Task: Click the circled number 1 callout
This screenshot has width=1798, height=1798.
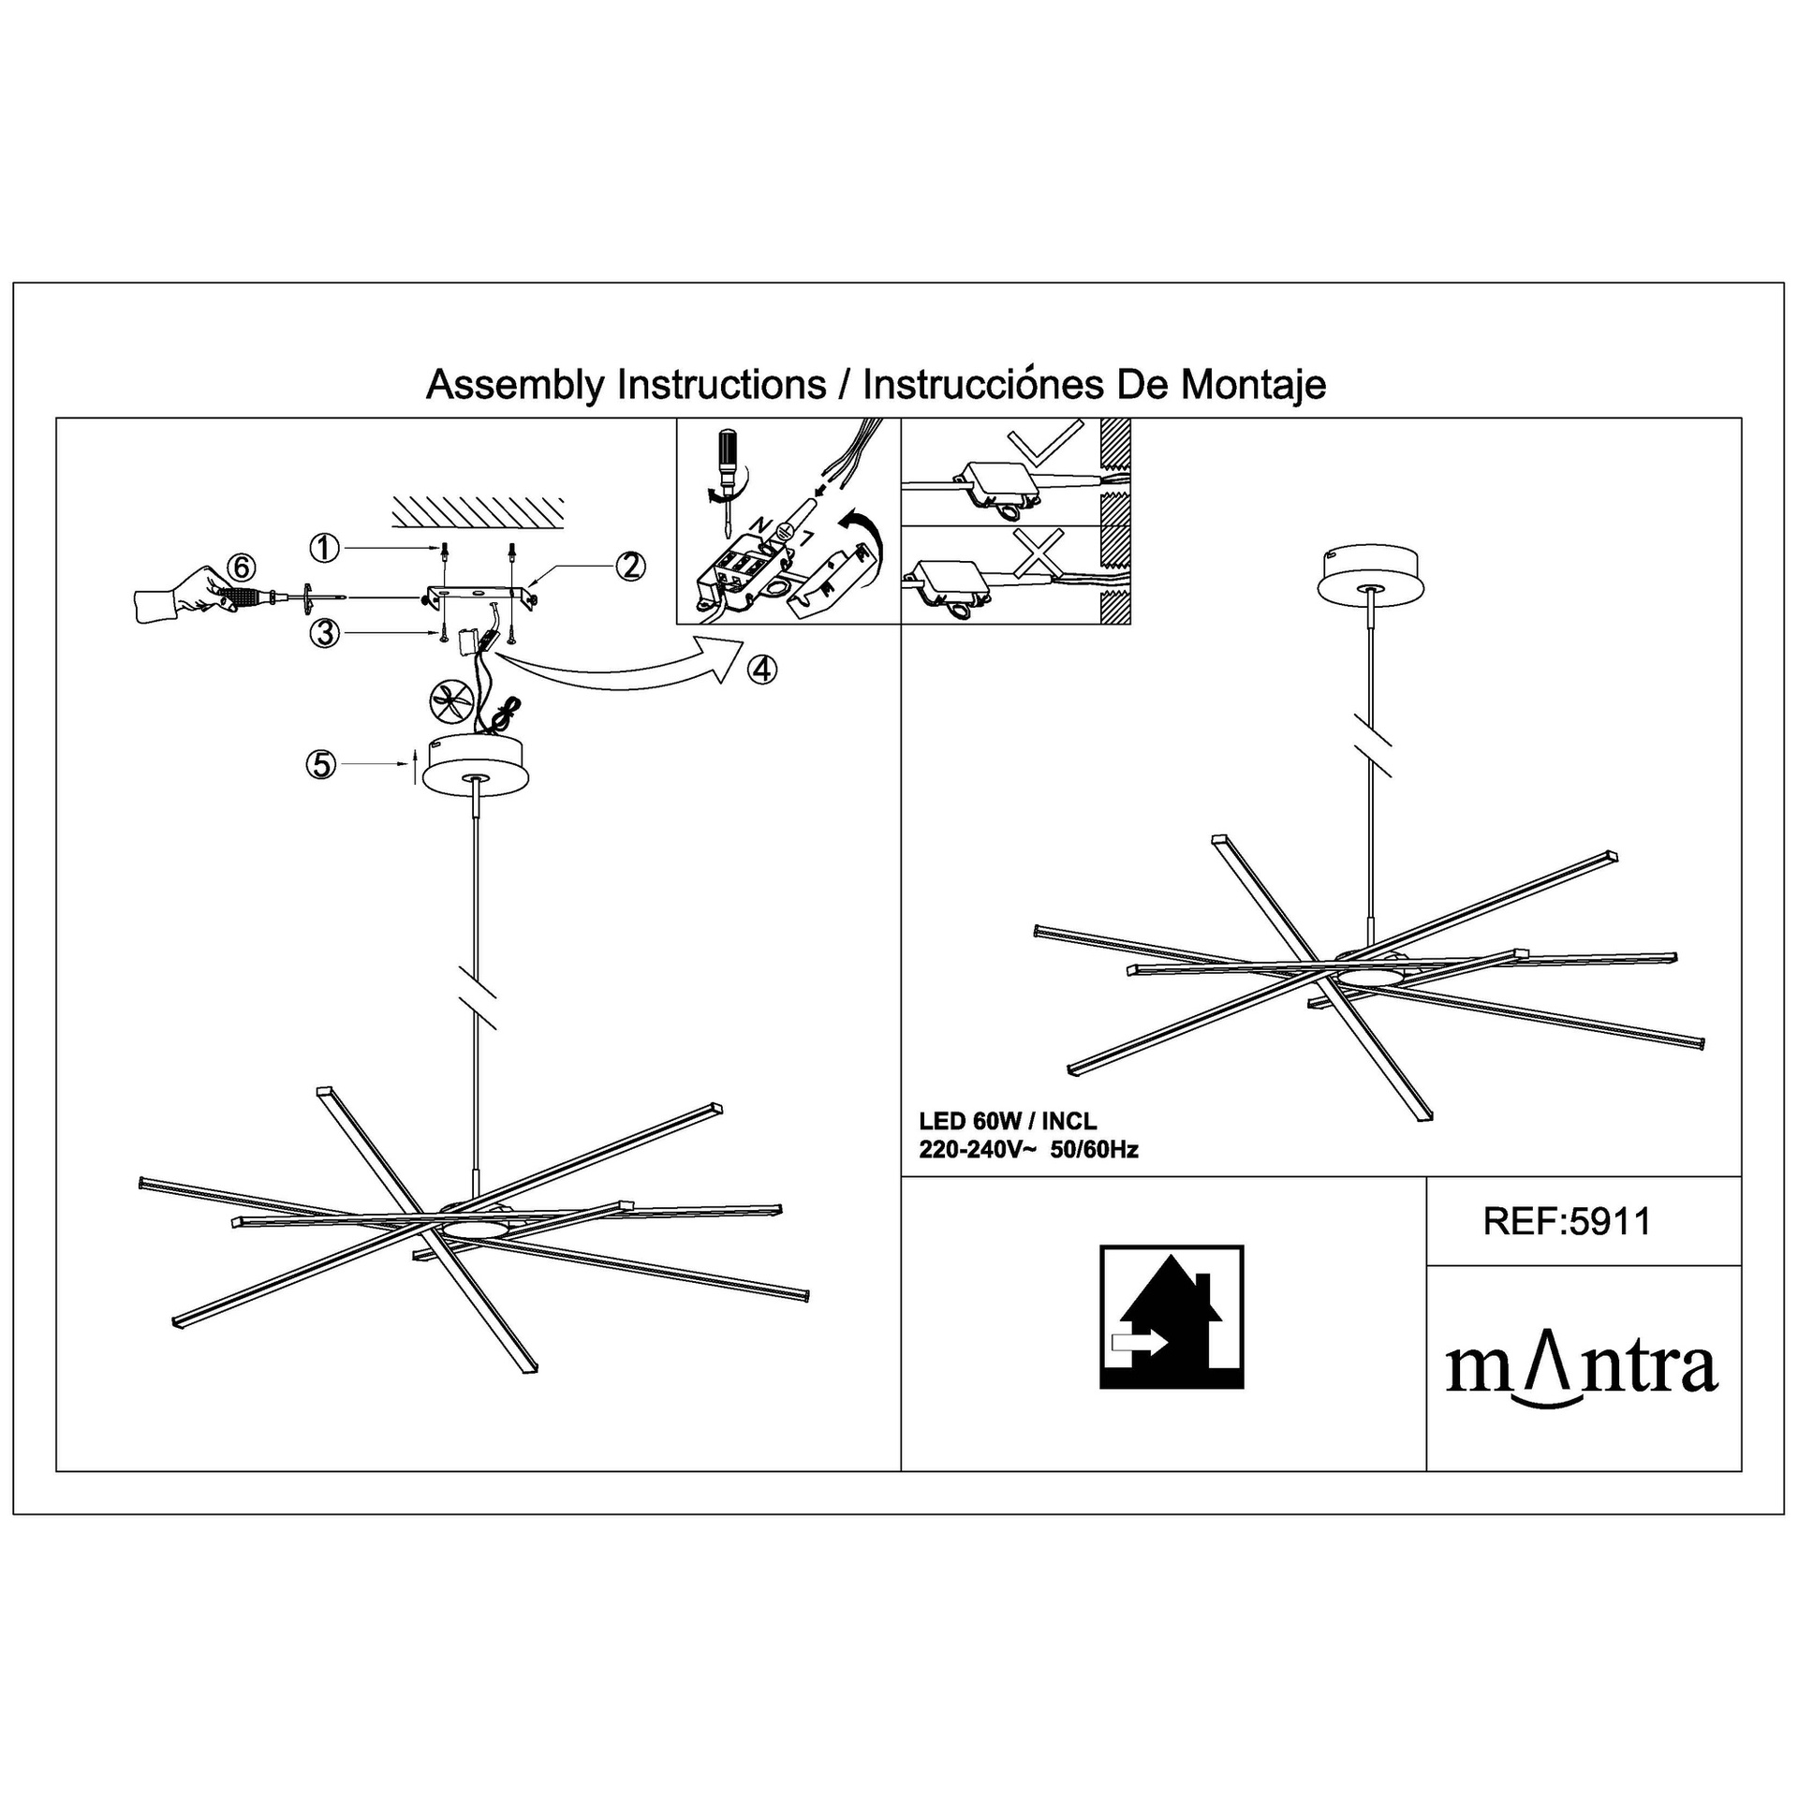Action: point(324,548)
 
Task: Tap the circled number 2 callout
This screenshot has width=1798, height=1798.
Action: point(630,566)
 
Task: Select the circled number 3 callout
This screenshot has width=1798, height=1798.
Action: point(324,634)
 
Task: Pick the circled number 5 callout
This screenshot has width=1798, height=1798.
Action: point(320,765)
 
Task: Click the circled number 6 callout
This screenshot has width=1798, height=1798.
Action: point(241,567)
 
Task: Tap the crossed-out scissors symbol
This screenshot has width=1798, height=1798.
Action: point(448,702)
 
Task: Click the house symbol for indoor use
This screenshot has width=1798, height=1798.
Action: point(1172,1317)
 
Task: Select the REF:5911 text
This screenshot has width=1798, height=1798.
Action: point(1568,1222)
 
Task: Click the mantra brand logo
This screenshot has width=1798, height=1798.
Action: point(1582,1370)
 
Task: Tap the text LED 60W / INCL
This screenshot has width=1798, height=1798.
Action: point(1008,1121)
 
